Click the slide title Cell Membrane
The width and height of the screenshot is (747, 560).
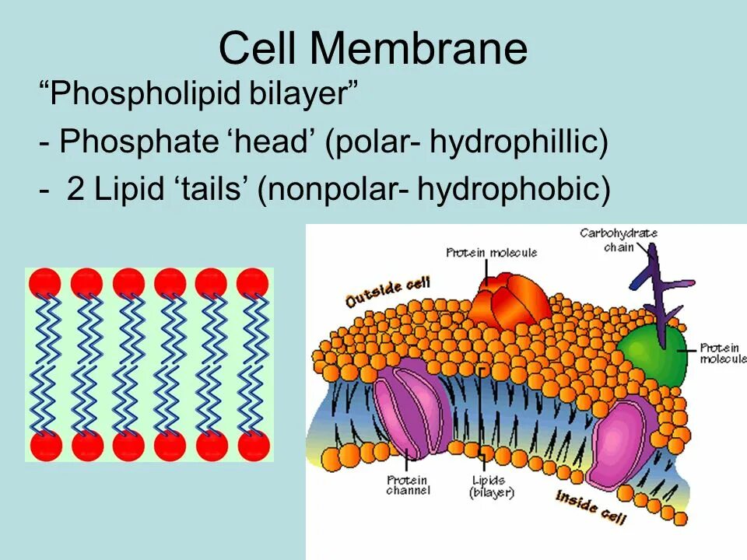(x=373, y=48)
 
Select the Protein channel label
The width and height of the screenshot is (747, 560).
(x=408, y=486)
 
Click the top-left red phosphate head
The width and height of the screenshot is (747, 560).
(x=44, y=282)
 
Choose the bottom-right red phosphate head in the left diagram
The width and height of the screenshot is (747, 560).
(x=253, y=446)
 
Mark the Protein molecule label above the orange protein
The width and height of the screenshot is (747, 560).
(x=491, y=253)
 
